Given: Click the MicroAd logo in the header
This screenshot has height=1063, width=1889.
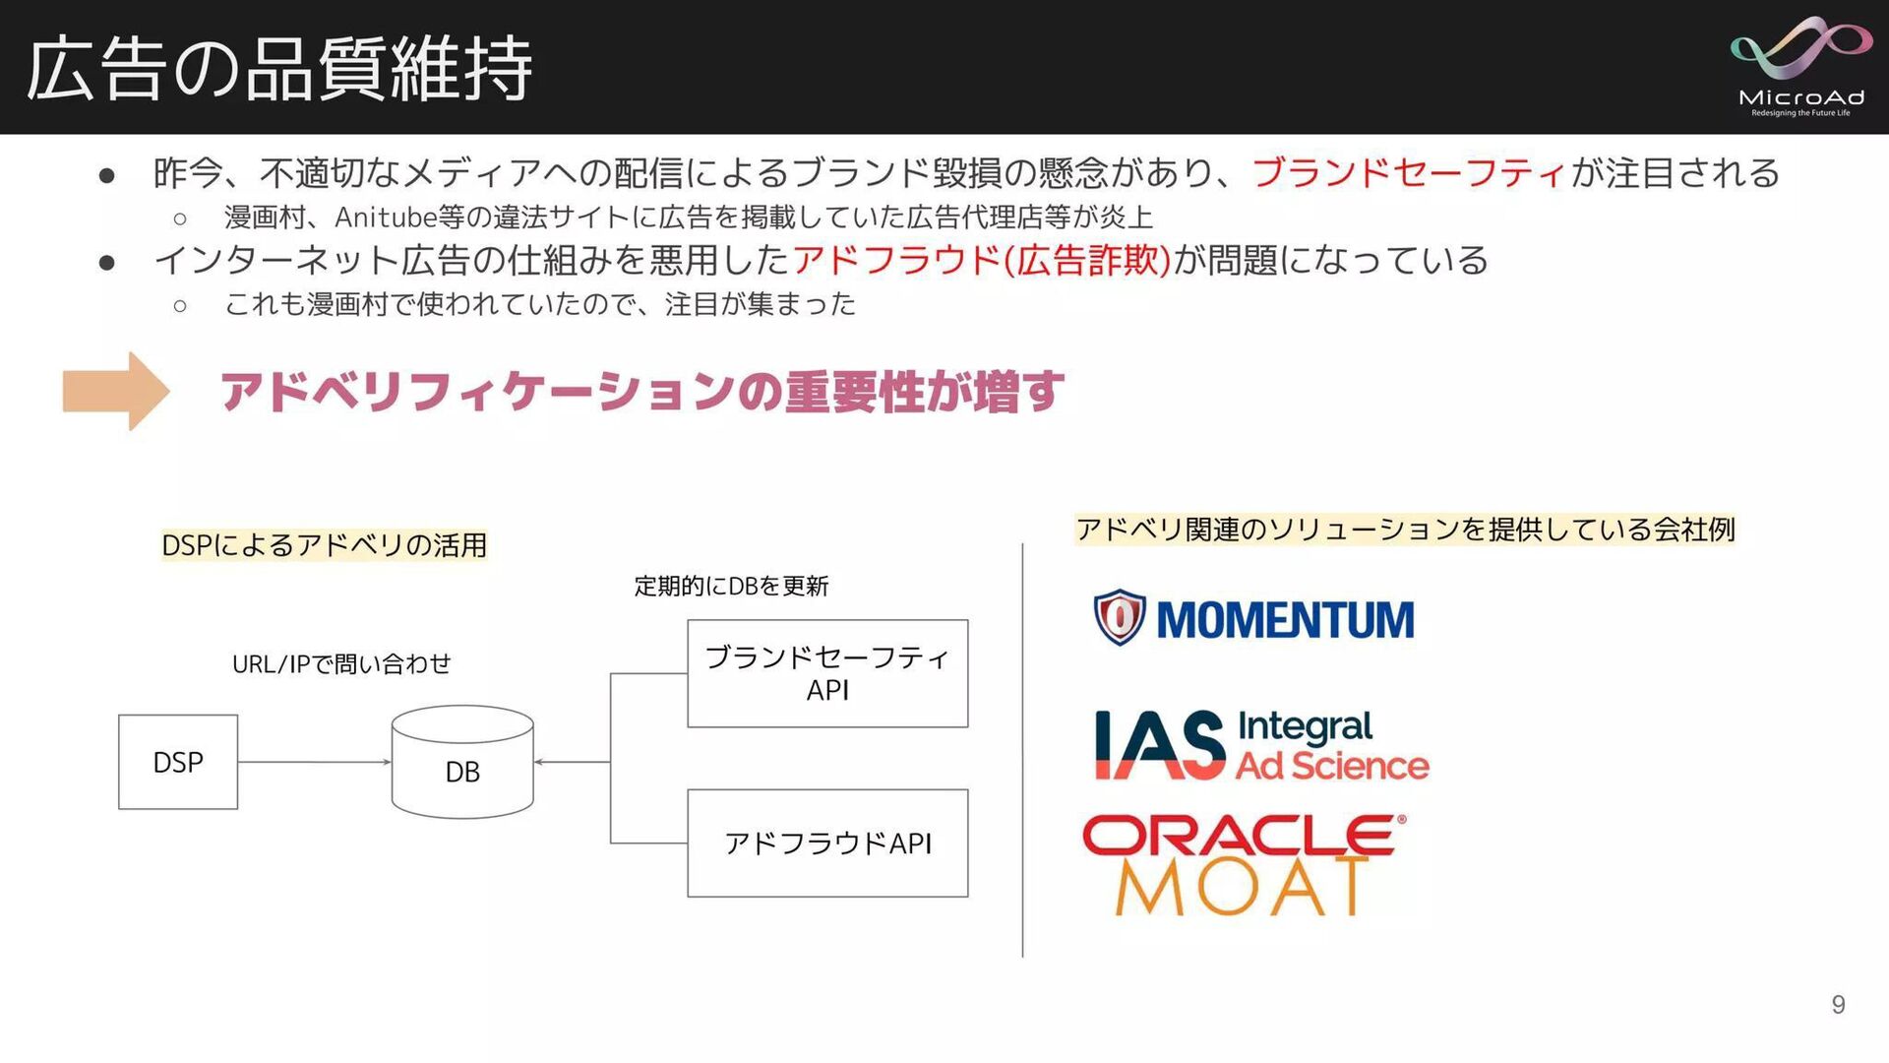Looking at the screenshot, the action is coord(1801,66).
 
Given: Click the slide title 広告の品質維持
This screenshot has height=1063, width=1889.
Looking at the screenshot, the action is coord(279,69).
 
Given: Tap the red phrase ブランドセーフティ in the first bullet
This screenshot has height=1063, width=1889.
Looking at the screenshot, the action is coord(1409,173).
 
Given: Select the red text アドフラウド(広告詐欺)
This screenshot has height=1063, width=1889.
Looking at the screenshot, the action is coord(982,261).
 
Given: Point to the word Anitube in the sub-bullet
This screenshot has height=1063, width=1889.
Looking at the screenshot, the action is coord(385,218).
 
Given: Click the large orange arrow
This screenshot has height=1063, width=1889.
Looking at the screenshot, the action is coord(116,391).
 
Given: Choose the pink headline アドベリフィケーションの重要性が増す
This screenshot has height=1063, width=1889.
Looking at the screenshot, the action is coord(641,392).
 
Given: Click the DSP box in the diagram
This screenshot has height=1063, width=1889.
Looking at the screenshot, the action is coord(178,762).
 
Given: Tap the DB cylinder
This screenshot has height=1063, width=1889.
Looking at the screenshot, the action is coord(462,762).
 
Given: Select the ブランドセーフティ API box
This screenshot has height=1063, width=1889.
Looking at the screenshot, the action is coord(827,673).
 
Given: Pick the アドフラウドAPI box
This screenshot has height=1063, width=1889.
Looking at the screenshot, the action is coord(827,844).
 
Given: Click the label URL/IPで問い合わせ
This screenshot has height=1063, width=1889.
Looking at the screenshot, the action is coord(341,664).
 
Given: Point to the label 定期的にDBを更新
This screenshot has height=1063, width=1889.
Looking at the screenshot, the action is coord(731,587).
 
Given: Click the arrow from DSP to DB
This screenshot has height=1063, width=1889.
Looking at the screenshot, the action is coord(314,762).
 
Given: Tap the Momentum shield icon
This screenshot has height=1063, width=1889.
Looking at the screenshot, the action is coord(1120,618).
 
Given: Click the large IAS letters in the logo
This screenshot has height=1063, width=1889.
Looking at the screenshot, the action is coord(1161,745).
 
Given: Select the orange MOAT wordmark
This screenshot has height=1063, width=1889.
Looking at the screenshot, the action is coord(1242,888).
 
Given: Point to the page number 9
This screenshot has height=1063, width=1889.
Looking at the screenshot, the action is coord(1838,1005).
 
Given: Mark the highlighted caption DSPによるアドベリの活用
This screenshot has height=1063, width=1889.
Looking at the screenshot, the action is coord(324,545).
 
